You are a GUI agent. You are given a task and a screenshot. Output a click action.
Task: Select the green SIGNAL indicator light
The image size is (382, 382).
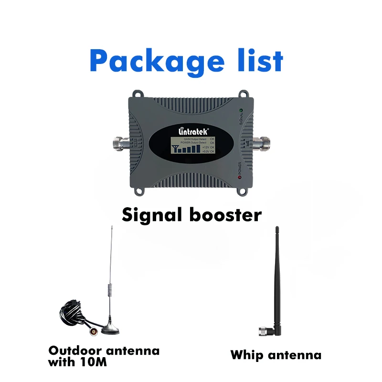241,111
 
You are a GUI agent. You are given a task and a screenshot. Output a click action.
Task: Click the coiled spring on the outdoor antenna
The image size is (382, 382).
109,290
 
